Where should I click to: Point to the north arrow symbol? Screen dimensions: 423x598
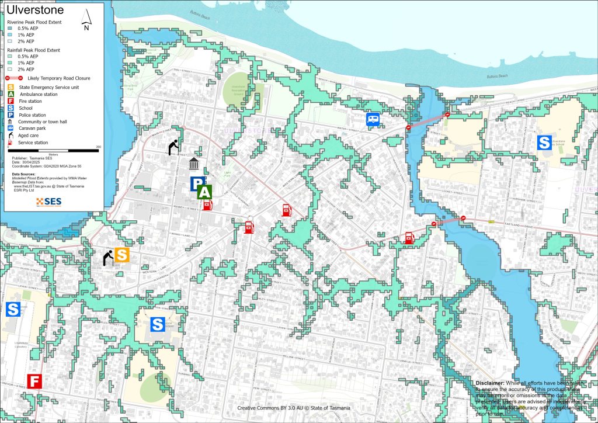(x=86, y=19)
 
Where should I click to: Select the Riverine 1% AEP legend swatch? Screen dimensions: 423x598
(x=11, y=34)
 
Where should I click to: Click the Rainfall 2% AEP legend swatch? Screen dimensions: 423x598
(x=11, y=69)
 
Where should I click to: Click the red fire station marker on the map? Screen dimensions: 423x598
(x=34, y=382)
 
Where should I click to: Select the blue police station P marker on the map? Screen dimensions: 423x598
(x=197, y=184)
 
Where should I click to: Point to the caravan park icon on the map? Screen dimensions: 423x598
(x=373, y=120)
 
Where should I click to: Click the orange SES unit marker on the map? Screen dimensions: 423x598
(x=121, y=255)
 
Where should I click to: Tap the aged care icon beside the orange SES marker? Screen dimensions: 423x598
(x=108, y=258)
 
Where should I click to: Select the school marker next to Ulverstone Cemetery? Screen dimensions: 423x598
(x=13, y=309)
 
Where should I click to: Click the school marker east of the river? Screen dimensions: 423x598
(x=544, y=142)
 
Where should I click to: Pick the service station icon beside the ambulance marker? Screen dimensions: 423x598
(x=207, y=205)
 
